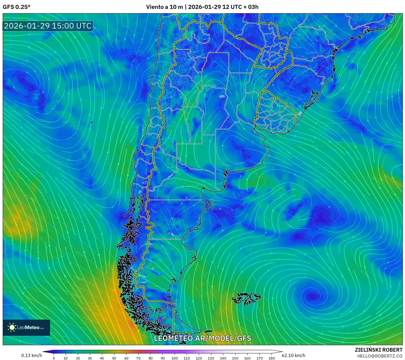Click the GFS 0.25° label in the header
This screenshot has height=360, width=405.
click(x=16, y=7)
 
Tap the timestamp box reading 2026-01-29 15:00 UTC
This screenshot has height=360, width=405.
click(x=48, y=26)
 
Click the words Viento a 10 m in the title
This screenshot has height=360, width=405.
click(x=164, y=7)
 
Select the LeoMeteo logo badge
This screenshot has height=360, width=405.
click(x=26, y=327)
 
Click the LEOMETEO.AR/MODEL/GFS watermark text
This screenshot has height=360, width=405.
click(x=202, y=338)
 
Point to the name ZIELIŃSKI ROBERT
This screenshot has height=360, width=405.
click(x=378, y=350)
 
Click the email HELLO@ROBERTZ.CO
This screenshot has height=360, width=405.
click(x=380, y=356)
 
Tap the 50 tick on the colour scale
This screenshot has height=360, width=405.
click(x=114, y=358)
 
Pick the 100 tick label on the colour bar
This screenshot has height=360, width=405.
click(x=175, y=358)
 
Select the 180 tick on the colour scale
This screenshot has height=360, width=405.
click(x=272, y=358)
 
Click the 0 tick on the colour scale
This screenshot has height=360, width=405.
click(x=54, y=358)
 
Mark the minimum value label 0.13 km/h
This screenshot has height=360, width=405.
click(x=31, y=355)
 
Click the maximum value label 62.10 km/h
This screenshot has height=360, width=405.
click(x=293, y=355)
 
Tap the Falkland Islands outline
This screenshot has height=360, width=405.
click(x=246, y=298)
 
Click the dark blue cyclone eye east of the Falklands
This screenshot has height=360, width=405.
click(x=312, y=296)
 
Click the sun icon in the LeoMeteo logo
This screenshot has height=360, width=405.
click(x=12, y=327)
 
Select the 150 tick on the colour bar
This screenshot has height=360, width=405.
click(x=235, y=358)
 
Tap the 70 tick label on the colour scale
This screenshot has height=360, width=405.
click(x=138, y=358)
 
